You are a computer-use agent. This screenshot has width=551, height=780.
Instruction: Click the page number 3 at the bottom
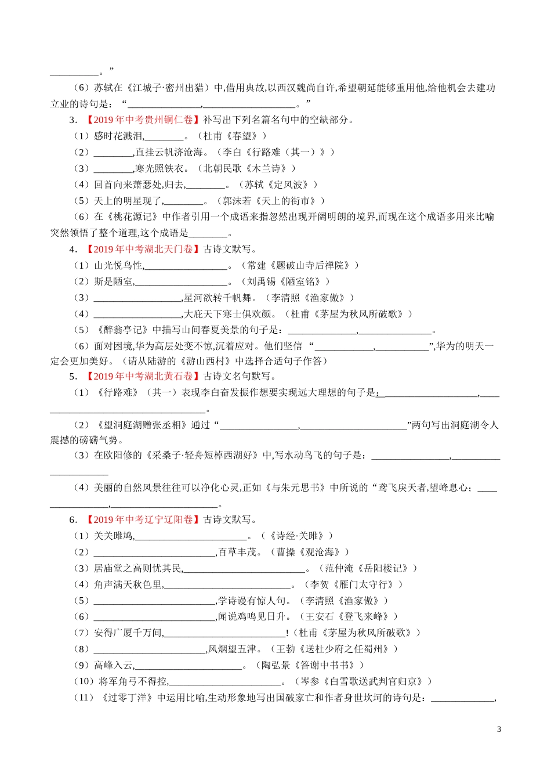[499, 730]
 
